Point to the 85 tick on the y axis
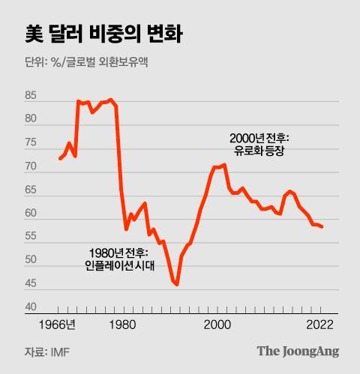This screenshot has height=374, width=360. (31, 96)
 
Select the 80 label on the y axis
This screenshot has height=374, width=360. (31, 119)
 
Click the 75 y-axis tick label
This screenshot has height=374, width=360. (31, 142)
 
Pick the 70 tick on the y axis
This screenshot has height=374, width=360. (31, 166)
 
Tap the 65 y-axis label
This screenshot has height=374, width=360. (31, 190)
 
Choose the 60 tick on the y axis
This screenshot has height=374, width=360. (31, 214)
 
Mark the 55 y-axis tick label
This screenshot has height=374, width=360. (31, 237)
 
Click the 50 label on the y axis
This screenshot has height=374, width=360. (31, 260)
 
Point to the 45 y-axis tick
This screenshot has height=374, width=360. (31, 283)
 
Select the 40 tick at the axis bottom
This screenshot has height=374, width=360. (31, 307)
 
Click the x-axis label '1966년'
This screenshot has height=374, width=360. (59, 325)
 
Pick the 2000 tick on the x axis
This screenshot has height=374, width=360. (217, 325)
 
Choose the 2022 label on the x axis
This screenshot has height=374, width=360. (321, 325)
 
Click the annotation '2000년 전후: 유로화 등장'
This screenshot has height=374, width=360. (259, 145)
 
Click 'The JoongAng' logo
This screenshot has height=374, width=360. (298, 351)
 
